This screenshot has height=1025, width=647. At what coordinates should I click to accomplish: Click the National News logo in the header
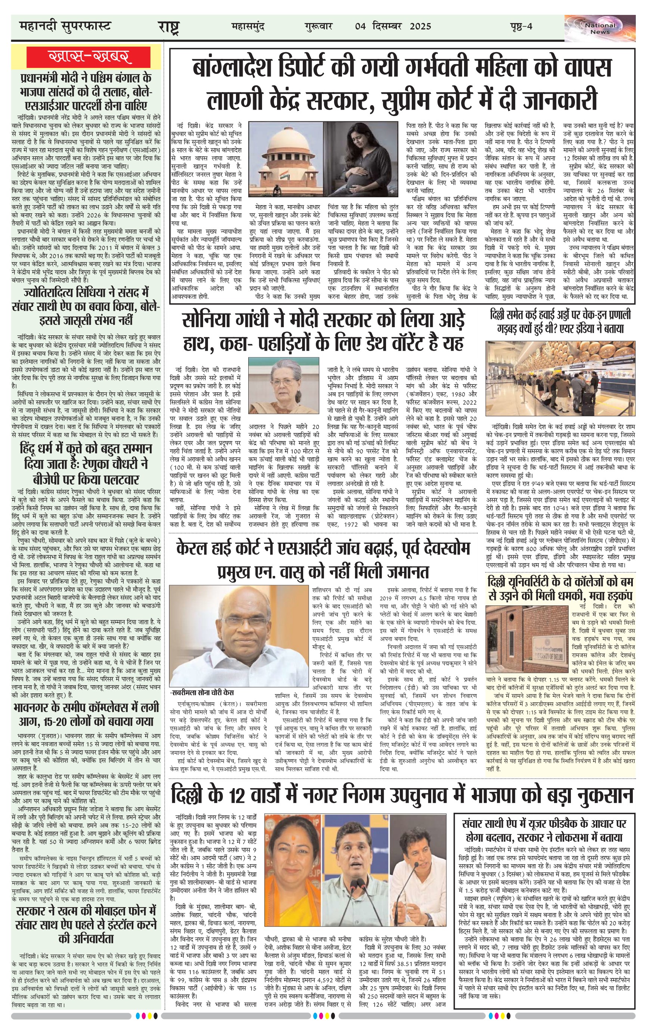point(599,28)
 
